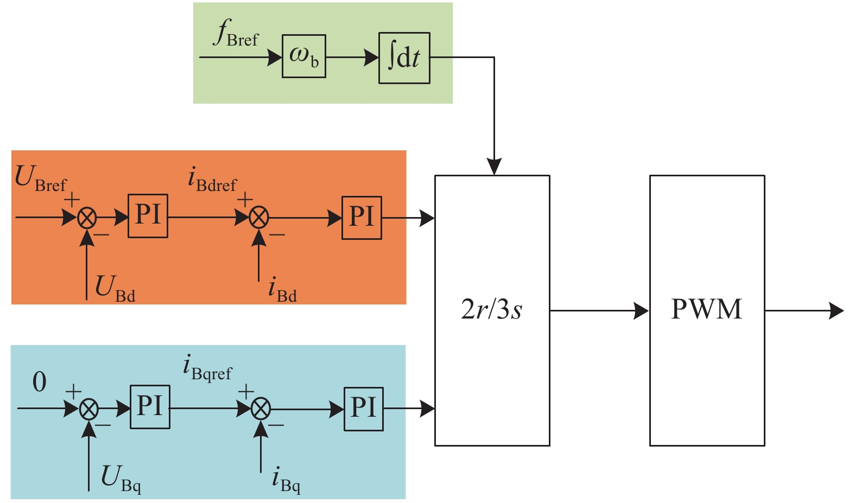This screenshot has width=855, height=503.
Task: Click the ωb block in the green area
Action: pos(303,56)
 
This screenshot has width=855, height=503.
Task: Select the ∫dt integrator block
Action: pos(404,58)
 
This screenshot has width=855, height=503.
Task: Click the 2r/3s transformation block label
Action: pos(491,310)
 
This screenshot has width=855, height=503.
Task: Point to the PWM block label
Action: pos(706,309)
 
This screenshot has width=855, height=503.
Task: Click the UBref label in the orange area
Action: pos(40,179)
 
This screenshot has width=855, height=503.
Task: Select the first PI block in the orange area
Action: pos(148,216)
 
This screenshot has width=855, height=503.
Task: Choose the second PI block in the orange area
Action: pos(362,218)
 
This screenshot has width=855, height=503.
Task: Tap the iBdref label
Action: pos(212,180)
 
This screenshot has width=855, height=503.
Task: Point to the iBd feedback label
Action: pos(282,289)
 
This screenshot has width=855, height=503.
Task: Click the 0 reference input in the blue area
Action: pos(40,383)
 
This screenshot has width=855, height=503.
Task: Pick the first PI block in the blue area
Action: pos(150,407)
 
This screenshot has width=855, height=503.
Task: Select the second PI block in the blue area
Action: pos(364,409)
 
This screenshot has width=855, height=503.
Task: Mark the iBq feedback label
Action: pos(286,480)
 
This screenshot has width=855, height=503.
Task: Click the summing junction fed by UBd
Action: pos(87,218)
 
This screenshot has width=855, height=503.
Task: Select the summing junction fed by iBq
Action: pos(261,409)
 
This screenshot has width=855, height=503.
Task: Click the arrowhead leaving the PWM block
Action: pos(837,311)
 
